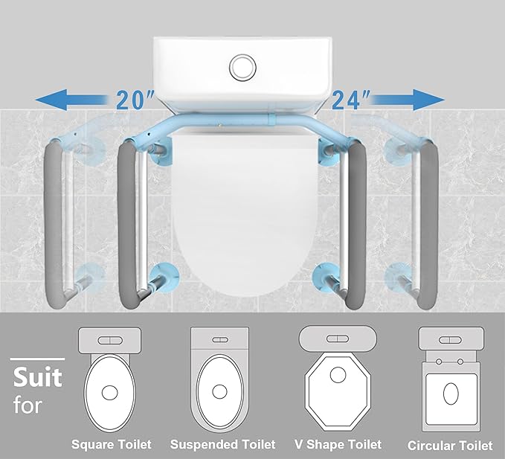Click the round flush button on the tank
(242, 67)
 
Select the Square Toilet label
(112, 445)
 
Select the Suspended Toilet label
(223, 445)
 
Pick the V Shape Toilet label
(338, 445)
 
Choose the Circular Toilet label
(450, 446)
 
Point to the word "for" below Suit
(28, 407)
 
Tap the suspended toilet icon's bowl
(219, 391)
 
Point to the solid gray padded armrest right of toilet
(357, 223)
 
